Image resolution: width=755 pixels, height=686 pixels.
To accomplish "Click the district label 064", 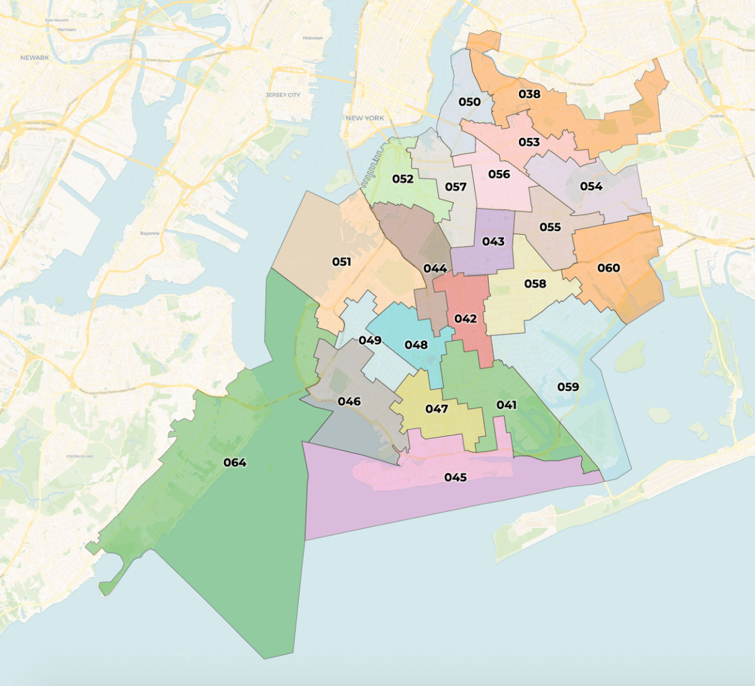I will click(235, 463).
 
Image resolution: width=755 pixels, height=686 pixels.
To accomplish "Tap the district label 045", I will click(455, 478).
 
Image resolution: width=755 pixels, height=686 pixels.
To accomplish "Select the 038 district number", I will click(529, 94).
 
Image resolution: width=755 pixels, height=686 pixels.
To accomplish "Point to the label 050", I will click(469, 102).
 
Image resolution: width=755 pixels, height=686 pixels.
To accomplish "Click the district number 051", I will click(342, 261).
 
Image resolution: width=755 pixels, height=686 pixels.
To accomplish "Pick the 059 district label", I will click(568, 386).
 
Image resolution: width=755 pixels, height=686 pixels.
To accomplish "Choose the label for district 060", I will click(608, 268).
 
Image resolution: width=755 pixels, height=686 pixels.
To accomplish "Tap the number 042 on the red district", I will click(466, 318).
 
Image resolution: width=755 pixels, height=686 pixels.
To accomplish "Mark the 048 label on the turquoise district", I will click(416, 345).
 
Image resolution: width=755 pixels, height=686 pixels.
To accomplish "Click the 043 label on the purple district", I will click(493, 242).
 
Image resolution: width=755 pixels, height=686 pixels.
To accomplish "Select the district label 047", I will click(436, 409).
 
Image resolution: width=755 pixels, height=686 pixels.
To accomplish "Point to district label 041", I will click(506, 405).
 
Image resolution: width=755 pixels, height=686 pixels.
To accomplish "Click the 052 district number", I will click(403, 179).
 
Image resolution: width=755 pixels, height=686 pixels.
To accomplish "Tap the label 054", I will click(591, 186).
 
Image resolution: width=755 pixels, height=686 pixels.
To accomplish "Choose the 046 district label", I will click(349, 402).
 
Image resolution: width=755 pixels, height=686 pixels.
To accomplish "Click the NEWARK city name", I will click(35, 58).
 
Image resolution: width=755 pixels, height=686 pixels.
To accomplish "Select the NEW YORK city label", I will click(365, 118).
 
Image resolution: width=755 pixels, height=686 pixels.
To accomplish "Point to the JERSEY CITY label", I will click(282, 95).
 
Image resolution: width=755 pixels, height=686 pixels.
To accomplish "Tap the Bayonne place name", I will click(150, 233).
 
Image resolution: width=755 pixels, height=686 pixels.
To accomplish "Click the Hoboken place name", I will click(313, 38).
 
